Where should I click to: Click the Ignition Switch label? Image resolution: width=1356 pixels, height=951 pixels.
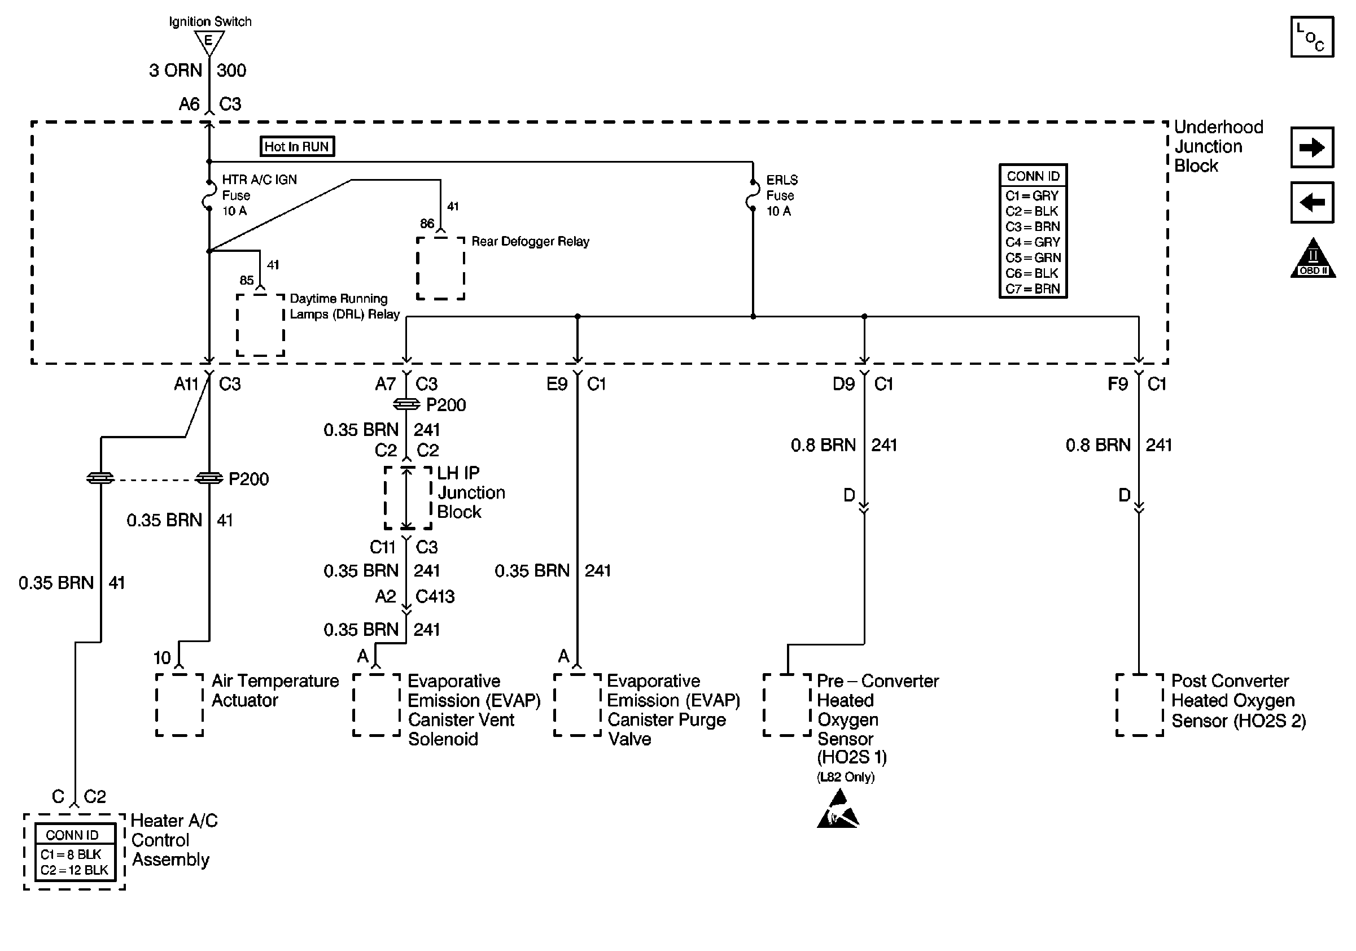coord(209,22)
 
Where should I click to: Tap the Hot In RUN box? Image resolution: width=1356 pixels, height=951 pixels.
coord(297,146)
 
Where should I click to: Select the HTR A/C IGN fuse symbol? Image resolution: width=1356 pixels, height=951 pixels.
coord(208,195)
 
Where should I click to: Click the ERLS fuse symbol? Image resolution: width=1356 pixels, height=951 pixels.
coord(752,195)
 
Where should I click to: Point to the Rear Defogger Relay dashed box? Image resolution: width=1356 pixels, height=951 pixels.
coord(440,269)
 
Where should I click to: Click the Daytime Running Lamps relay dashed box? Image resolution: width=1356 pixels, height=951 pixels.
coord(260,325)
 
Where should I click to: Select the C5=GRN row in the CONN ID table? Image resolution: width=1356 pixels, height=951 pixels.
coord(1033,258)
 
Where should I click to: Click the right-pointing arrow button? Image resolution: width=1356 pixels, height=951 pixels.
coord(1312,147)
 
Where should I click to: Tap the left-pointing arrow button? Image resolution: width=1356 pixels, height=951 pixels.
coord(1312,203)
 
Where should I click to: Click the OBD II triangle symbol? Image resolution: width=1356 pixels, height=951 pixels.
coord(1313,259)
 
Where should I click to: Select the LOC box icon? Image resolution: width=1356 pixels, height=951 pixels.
coord(1312,37)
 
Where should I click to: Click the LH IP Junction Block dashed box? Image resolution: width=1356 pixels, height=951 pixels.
coord(408,498)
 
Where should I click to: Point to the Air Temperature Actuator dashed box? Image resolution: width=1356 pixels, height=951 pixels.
coord(180,705)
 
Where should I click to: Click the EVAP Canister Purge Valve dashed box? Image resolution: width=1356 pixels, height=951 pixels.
coord(577,705)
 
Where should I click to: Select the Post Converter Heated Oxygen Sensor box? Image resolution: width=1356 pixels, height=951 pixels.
coord(1139,705)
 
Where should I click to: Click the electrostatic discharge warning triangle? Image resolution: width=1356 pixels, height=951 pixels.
coord(838,809)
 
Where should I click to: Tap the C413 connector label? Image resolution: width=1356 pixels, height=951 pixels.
coord(435,596)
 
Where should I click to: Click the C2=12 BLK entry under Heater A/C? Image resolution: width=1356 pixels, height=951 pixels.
coord(75,870)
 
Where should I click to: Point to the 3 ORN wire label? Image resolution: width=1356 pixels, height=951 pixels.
coord(176,70)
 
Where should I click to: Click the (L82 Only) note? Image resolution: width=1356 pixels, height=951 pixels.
coord(846,776)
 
